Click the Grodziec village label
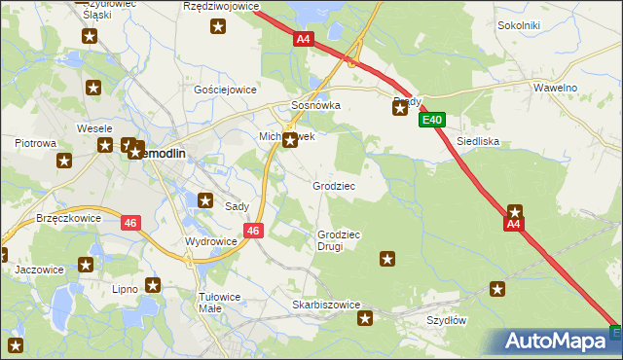333,185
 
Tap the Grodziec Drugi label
339,240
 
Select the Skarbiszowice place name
326,305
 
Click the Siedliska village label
478,141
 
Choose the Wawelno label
556,88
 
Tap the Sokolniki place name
519,24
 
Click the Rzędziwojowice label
222,6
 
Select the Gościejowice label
225,89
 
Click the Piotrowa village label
35,143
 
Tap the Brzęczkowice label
68,219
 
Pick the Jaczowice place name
39,270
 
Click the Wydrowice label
210,241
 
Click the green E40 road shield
433,121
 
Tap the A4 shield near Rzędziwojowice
304,39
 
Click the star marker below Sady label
205,200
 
